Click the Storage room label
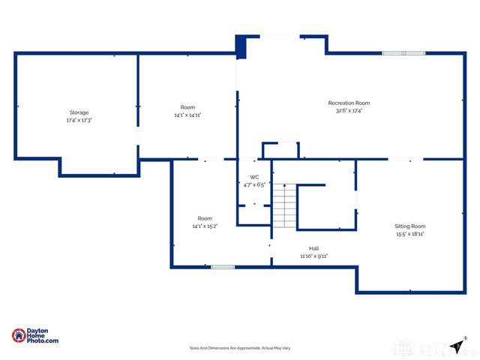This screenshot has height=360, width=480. pyautogui.click(x=79, y=112)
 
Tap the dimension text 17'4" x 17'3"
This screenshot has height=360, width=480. pyautogui.click(x=79, y=120)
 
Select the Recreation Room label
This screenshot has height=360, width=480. pyautogui.click(x=349, y=103)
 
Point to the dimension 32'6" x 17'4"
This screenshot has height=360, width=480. pyautogui.click(x=349, y=111)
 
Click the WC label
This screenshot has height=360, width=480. pyautogui.click(x=254, y=177)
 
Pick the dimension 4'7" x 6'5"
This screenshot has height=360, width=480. pyautogui.click(x=254, y=184)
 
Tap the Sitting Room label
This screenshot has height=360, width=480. pyautogui.click(x=410, y=226)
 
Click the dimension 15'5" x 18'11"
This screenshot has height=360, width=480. pyautogui.click(x=410, y=234)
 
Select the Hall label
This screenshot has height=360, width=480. pyautogui.click(x=313, y=248)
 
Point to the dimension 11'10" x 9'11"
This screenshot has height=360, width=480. pyautogui.click(x=313, y=256)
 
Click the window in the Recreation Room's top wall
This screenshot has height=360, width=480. pyautogui.click(x=403, y=53)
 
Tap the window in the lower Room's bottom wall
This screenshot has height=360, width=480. pyautogui.click(x=223, y=267)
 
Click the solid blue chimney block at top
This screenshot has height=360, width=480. pyautogui.click(x=241, y=47)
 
